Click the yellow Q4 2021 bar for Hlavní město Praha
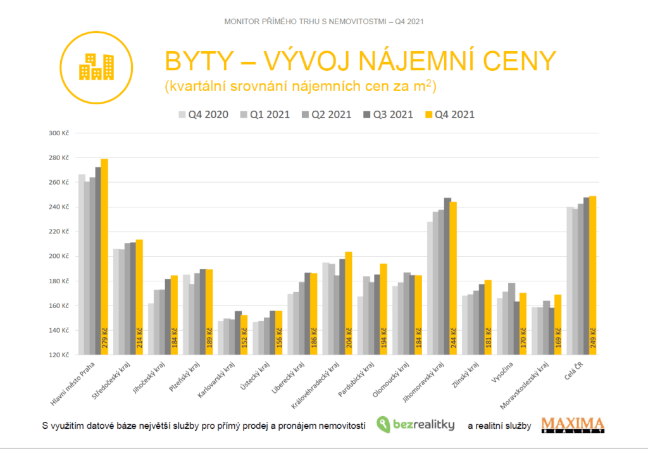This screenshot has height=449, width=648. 104,253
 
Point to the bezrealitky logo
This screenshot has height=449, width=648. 415,424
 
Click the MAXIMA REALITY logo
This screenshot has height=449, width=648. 573,425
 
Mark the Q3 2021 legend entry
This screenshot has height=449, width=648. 388,114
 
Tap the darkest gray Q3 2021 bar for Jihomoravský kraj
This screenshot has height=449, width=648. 447,272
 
